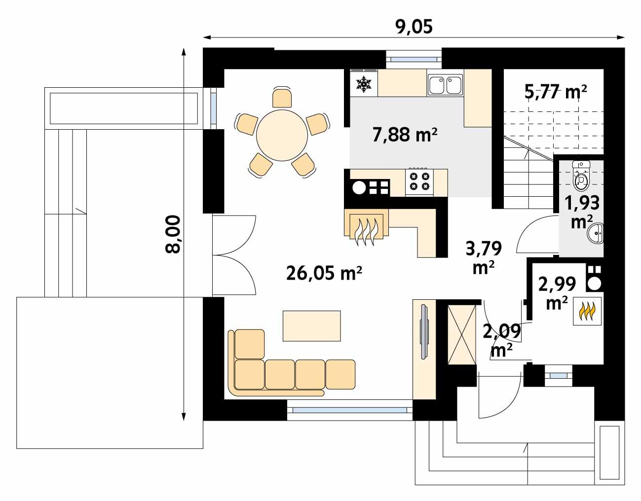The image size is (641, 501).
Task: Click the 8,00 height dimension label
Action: click(173, 234)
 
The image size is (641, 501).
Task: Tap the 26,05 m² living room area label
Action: click(324, 272)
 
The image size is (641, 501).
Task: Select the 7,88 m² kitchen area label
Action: click(405, 134)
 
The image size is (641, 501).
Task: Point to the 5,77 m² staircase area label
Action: click(556, 92)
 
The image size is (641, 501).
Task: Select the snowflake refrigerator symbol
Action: click(364, 84)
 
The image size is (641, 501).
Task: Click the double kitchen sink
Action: click(445, 84)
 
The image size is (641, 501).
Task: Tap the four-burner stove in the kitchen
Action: click(419, 181)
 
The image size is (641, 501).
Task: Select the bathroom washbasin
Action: click(596, 234)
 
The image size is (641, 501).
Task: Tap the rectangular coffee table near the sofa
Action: click(311, 325)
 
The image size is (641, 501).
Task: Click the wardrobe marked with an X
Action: click(461, 335)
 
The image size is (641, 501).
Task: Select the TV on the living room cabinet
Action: click(423, 333)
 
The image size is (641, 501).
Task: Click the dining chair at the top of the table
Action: click(282, 98)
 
